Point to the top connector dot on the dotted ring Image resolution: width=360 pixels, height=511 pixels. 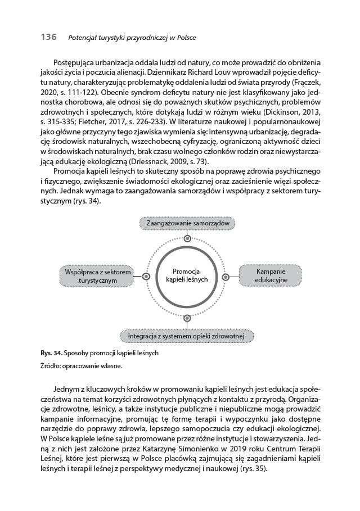pos(187,238)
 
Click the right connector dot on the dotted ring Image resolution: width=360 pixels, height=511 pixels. pos(226,277)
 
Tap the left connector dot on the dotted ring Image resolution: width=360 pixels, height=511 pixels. pos(146,277)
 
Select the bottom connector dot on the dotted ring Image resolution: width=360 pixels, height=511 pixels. pos(187,318)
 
